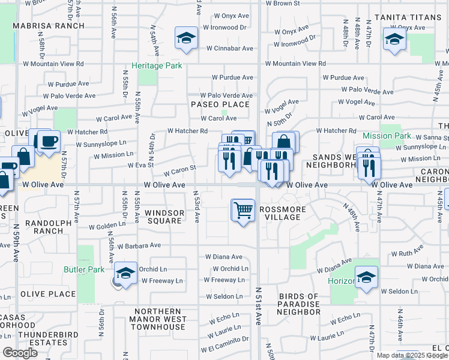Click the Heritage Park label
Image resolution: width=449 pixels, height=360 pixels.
tap(157, 65)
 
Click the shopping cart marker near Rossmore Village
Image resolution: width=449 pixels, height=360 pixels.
tap(243, 211)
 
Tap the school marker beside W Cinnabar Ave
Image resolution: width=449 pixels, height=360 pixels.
tap(187, 39)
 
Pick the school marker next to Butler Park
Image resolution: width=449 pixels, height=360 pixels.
tap(125, 274)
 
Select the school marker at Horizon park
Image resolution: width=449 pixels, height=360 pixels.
tap(366, 278)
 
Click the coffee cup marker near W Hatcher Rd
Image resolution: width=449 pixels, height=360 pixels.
tap(49, 142)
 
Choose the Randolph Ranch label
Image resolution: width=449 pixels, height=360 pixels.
tap(53, 227)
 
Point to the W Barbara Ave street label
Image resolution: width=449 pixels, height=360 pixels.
tap(139, 245)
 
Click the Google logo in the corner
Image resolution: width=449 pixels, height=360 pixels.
tap(20, 353)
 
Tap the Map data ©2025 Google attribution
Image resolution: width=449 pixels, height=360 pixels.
tap(412, 355)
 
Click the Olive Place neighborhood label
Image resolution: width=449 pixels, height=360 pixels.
tap(48, 294)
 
